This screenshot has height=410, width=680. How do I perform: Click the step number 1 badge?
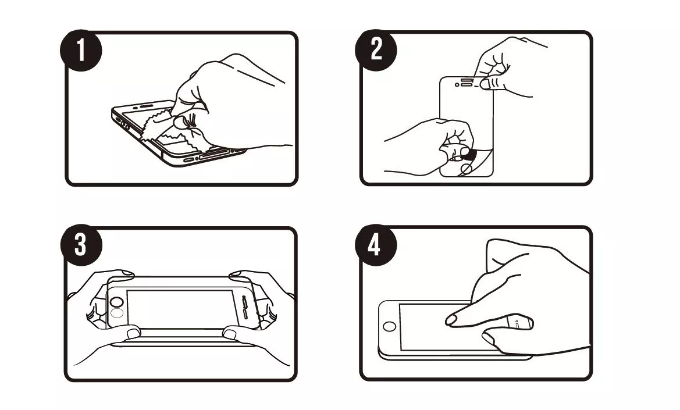click(x=81, y=50)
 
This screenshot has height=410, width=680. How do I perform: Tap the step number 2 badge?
click(x=376, y=49)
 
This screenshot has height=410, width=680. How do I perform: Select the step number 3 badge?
click(x=81, y=245)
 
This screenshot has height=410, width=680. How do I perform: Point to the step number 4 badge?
click(x=376, y=245)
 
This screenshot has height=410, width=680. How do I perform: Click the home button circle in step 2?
click(x=466, y=168)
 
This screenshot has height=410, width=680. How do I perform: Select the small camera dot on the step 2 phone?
click(x=456, y=85)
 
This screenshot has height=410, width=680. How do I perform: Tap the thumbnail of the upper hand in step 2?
click(x=486, y=83)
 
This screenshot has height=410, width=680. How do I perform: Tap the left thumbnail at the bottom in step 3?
click(x=133, y=333)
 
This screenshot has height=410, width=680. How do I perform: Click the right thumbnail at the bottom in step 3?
click(x=229, y=334)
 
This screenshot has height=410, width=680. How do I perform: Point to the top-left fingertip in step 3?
click(x=127, y=273)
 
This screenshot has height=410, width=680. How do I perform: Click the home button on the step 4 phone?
click(x=389, y=326)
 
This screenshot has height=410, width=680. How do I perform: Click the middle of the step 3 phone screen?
click(x=180, y=309)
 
